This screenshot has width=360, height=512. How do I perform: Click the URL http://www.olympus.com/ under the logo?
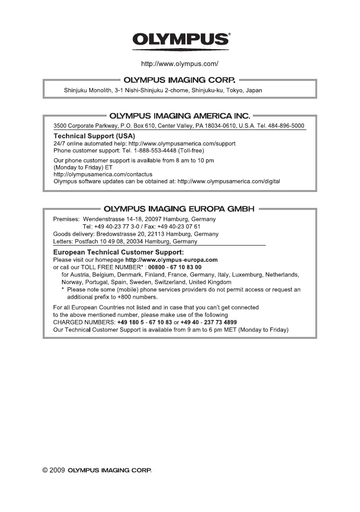[x=180, y=64]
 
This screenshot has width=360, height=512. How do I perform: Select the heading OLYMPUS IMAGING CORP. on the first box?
[x=180, y=79]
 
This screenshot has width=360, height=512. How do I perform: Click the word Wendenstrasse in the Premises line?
[x=103, y=219]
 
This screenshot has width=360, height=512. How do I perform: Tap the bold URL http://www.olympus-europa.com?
[x=172, y=259]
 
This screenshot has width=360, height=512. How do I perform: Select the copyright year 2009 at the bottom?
[x=57, y=470]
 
